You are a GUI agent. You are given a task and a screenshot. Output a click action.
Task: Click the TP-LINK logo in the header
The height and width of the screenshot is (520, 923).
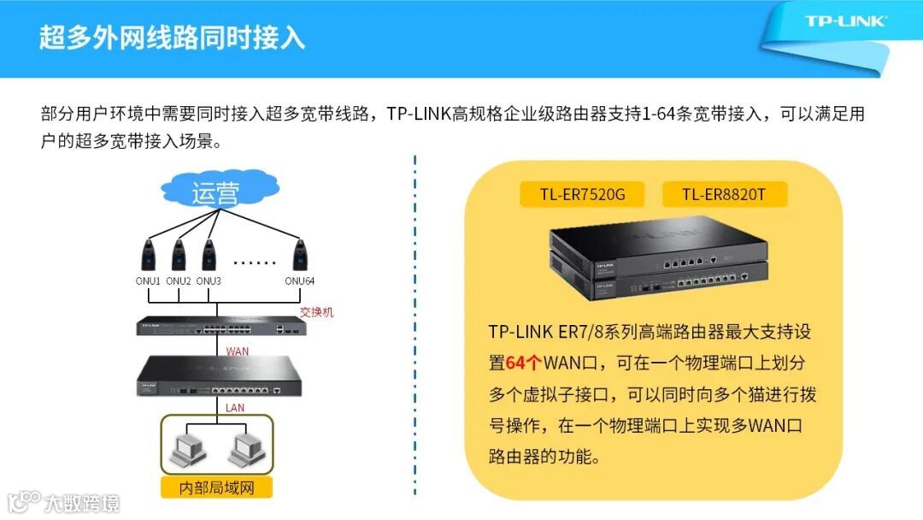[845, 21]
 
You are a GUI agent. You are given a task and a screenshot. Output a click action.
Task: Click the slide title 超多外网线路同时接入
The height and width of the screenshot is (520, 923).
[172, 38]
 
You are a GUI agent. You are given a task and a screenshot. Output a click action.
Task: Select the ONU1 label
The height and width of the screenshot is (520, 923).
[148, 281]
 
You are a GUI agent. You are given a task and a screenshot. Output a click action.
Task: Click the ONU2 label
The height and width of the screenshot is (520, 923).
[179, 281]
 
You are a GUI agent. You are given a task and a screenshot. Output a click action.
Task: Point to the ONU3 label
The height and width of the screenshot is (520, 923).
[209, 281]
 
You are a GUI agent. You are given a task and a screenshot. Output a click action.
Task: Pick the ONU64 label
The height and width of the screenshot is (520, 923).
[300, 281]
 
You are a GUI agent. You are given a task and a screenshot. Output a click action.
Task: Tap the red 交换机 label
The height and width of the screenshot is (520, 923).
[316, 313]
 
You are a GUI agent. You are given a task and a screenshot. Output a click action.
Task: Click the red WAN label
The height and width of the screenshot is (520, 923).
[238, 352]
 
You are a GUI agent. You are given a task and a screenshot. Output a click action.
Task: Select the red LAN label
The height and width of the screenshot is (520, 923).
[235, 408]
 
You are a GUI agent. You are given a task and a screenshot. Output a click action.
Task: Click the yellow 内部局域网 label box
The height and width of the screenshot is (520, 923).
[217, 487]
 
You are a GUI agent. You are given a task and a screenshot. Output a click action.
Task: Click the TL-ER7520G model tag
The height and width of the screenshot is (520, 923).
[582, 195]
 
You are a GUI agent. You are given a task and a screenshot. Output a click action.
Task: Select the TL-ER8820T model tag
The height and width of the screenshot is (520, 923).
[724, 195]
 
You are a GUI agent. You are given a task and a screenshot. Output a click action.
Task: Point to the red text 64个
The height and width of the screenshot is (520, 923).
[523, 363]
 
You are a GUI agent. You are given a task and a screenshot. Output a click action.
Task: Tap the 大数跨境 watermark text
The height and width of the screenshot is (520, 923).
[82, 502]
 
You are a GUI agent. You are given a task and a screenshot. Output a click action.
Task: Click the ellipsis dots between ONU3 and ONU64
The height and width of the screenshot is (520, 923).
[255, 263]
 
